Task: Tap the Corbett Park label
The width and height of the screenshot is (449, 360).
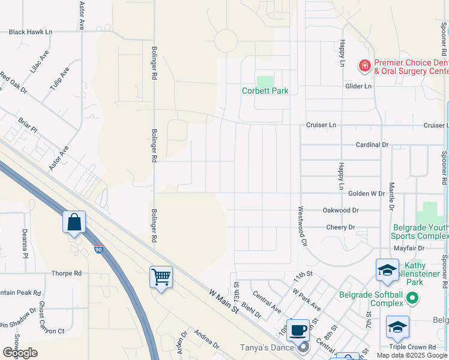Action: [265, 91]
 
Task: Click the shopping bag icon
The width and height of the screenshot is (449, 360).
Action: [74, 223]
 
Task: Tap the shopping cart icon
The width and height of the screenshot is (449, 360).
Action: [161, 277]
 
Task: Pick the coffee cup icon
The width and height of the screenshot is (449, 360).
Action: [298, 330]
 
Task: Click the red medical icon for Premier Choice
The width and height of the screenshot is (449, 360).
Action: [364, 64]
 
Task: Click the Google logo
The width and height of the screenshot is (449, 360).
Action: [20, 353]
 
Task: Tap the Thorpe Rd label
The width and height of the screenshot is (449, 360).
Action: [66, 273]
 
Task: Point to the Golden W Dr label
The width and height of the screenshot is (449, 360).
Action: [366, 194]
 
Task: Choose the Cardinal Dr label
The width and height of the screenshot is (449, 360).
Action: [372, 145]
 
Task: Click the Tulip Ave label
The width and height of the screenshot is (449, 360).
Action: [59, 79]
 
